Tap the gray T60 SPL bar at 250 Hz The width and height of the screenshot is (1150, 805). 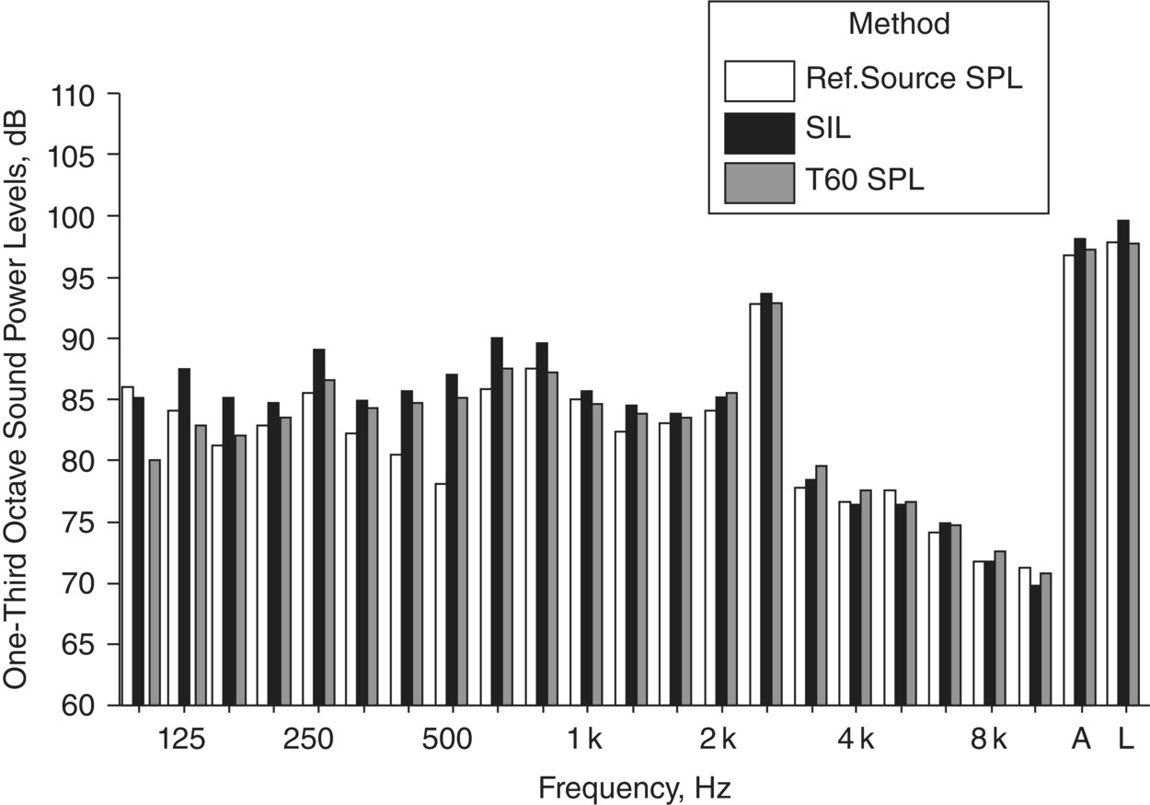329,543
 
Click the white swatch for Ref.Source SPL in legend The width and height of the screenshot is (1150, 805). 760,81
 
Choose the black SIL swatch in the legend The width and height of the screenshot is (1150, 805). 760,132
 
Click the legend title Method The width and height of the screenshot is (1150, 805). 899,25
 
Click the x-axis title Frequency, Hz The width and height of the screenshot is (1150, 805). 635,788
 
